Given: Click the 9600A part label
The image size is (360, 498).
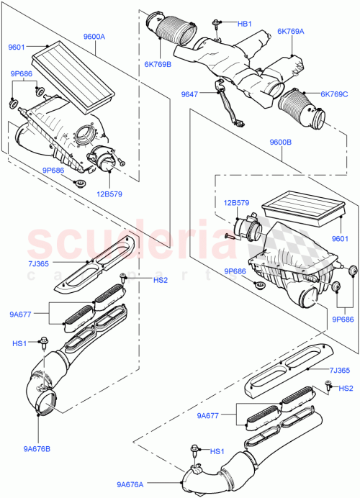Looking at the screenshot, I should pyautogui.click(x=94, y=36).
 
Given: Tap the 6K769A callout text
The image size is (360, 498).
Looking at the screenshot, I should pyautogui.click(x=290, y=32).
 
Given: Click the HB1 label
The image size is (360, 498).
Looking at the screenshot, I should pyautogui.click(x=245, y=24).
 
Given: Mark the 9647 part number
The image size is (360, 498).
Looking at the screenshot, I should pyautogui.click(x=189, y=94).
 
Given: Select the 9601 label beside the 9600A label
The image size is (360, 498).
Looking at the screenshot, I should pyautogui.click(x=17, y=48).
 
